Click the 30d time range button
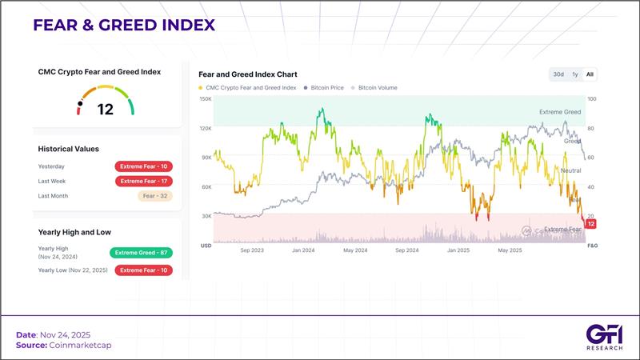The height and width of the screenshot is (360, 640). [558, 74]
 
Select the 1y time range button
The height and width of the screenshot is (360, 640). [574, 74]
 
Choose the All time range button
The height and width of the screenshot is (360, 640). [590, 74]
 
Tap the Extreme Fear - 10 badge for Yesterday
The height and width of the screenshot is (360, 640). [144, 166]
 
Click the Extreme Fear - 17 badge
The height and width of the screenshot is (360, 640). [144, 181]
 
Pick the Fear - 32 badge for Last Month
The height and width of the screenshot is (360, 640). [155, 196]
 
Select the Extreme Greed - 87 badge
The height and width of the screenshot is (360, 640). [142, 253]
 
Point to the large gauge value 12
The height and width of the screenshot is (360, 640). [106, 110]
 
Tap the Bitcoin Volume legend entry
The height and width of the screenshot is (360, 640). [377, 87]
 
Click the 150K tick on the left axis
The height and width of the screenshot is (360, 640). [206, 99]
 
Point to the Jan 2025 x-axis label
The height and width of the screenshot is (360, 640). [458, 250]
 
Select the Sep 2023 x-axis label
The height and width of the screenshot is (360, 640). [251, 250]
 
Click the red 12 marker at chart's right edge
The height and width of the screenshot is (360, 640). [591, 224]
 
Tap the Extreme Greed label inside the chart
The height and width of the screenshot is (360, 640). [560, 112]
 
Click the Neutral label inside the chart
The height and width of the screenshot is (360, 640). [571, 170]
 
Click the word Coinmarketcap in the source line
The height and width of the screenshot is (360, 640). [71, 345]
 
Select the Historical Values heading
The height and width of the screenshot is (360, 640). [69, 149]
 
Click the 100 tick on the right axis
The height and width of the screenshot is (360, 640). [592, 99]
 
